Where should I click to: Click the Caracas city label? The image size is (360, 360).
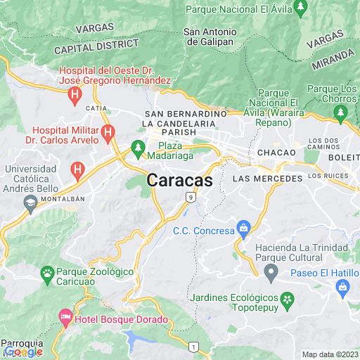tap(180, 180)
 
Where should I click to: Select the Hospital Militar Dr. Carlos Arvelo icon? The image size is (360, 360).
tap(108, 131)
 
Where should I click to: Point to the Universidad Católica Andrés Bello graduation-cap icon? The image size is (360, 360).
tap(30, 203)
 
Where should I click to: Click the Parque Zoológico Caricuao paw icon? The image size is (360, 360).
tap(47, 272)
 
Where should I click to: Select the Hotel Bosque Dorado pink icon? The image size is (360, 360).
tap(65, 319)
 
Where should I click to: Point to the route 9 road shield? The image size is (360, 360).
tap(190, 198)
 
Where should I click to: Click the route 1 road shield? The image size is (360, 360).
tap(193, 347)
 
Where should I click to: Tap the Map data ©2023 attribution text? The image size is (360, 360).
tap(330, 354)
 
